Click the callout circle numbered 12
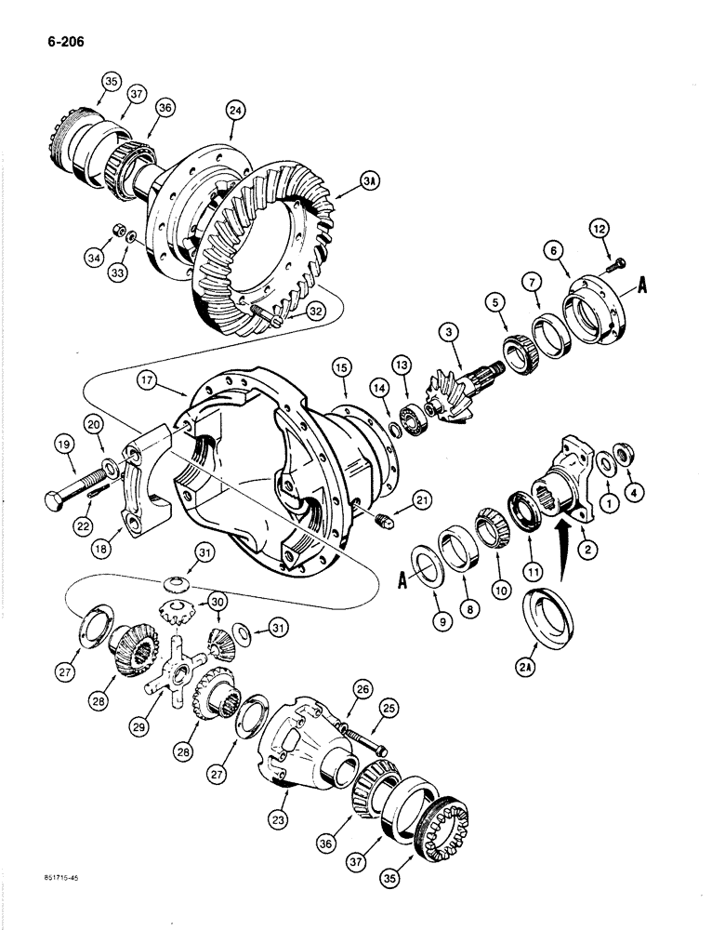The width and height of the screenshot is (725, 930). [601, 226]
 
